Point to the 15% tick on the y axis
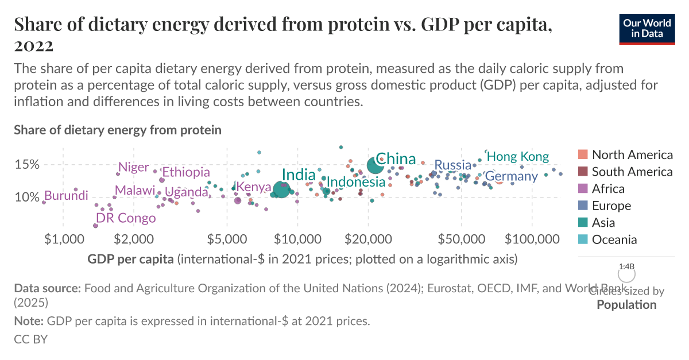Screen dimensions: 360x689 point(26,165)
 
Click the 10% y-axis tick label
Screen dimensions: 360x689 point(26,198)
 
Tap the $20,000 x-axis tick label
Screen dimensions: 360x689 point(368,238)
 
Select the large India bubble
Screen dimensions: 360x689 point(281,189)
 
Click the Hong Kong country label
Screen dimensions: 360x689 point(517,157)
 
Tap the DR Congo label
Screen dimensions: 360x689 point(126,218)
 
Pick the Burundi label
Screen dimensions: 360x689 point(66,196)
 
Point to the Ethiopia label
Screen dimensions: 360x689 point(185,172)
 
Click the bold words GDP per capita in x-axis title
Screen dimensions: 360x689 point(130,259)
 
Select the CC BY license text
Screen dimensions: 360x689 point(30,339)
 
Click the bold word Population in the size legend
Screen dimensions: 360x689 point(626,304)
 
